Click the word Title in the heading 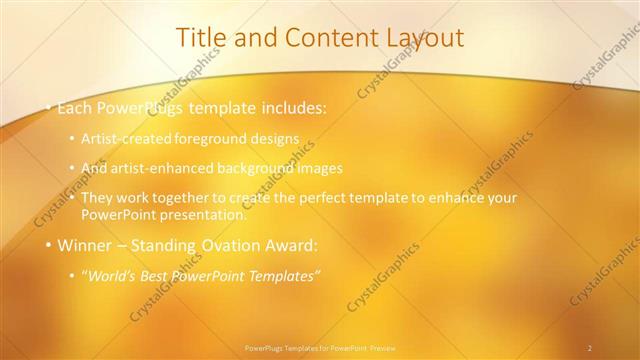[201, 38]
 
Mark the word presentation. [205, 213]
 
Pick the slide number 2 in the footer [590, 347]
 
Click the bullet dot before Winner [47, 244]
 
